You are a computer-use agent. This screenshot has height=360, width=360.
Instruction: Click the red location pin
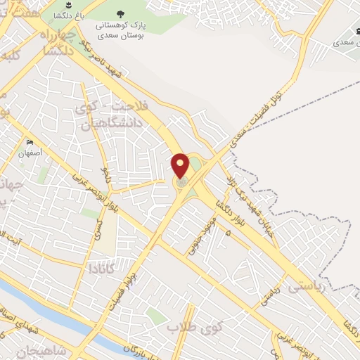point(181,165)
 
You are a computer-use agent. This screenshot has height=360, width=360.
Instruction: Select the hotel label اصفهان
point(32,152)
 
